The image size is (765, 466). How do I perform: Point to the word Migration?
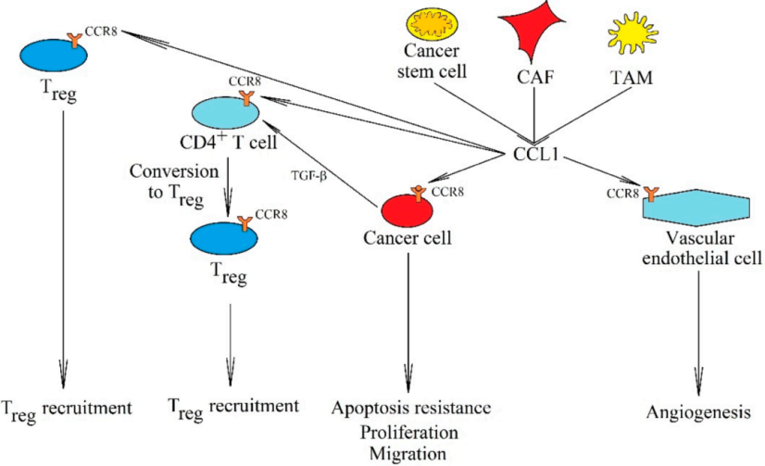(x=408, y=452)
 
